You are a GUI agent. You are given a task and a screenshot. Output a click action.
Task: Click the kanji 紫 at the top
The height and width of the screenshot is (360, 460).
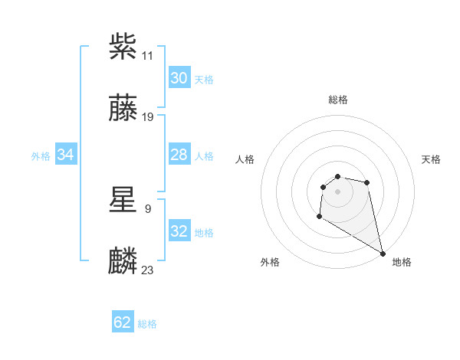coord(123,47)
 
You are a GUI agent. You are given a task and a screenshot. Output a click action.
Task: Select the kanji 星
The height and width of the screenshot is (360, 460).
coord(123,198)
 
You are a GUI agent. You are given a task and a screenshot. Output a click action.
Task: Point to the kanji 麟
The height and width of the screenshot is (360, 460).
coord(123,260)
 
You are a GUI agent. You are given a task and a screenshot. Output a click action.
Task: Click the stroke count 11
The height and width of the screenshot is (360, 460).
coord(148,56)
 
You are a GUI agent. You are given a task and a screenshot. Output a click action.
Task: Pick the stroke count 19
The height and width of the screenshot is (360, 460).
coord(148,117)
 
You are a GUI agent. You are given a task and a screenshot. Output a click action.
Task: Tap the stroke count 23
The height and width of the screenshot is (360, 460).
coord(148,270)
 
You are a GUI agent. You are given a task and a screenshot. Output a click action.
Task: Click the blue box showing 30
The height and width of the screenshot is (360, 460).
coord(179,78)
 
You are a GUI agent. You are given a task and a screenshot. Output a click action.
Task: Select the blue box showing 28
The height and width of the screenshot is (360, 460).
coord(179,155)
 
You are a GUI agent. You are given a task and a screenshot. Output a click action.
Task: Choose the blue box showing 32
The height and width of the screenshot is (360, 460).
coord(179,231)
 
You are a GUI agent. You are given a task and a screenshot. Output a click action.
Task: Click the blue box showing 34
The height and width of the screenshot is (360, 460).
coord(66,155)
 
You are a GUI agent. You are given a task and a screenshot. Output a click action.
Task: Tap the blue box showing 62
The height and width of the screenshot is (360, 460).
coord(123,322)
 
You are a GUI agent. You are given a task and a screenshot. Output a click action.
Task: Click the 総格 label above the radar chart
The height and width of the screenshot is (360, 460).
coord(338,100)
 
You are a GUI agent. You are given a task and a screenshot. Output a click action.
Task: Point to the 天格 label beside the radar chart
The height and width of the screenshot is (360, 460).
coord(431,159)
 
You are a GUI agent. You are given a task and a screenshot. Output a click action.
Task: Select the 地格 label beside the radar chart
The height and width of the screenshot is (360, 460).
coord(402,262)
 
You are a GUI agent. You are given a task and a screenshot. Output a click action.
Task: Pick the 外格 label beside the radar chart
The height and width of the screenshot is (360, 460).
coord(270,262)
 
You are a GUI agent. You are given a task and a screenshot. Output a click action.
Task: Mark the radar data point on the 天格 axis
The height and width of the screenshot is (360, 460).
coord(367,182)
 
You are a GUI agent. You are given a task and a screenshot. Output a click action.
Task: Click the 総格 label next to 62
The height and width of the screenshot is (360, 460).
coord(147,324)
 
